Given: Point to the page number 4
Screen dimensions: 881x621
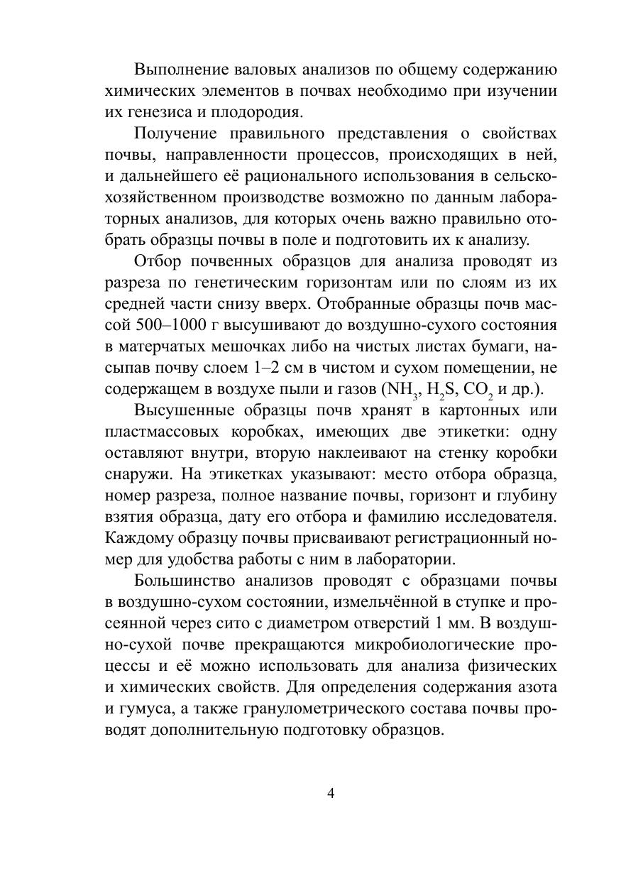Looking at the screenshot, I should coord(331,794).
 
